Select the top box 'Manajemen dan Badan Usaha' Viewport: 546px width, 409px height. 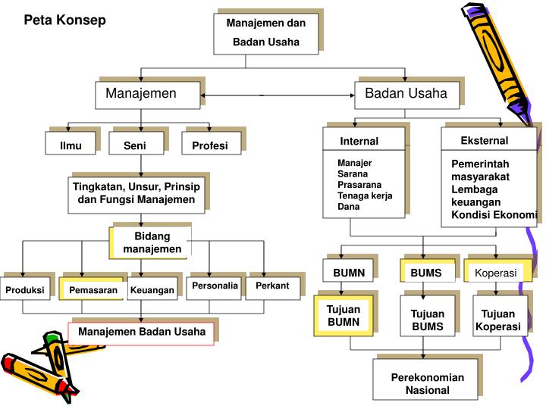point(266,33)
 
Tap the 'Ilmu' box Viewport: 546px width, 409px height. point(71,145)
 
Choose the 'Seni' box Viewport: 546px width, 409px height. point(135,145)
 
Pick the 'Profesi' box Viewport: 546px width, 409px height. point(209,145)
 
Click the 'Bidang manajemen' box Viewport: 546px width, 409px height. point(152,243)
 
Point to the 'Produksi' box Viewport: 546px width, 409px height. point(25,290)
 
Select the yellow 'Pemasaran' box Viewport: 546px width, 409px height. point(93,290)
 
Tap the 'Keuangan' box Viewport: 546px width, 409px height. point(152,290)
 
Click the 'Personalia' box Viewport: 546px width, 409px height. point(215,286)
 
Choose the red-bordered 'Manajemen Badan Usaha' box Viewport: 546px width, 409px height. point(142,332)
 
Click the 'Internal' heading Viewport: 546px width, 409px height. point(359,141)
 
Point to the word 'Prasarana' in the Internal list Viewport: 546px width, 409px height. point(359,184)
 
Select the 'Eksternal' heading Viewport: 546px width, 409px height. point(484,141)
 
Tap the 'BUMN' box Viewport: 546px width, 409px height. point(349,272)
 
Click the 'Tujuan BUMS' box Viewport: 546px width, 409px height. point(427,320)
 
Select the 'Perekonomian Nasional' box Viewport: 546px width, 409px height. point(427,383)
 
